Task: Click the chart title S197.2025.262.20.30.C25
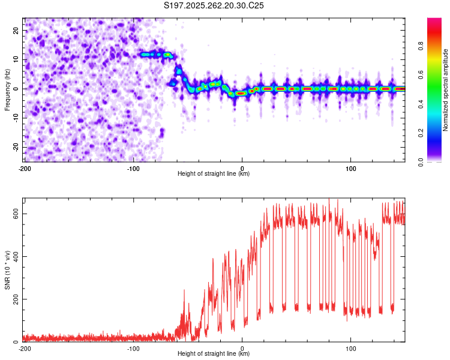(x=214, y=6)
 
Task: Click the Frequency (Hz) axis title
(x=7, y=89)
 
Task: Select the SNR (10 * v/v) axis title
(x=7, y=270)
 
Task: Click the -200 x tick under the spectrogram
(x=25, y=167)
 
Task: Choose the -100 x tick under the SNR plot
(x=133, y=348)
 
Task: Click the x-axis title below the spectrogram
(x=214, y=174)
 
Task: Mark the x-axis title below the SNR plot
(x=214, y=355)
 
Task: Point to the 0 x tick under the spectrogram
(x=242, y=167)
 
